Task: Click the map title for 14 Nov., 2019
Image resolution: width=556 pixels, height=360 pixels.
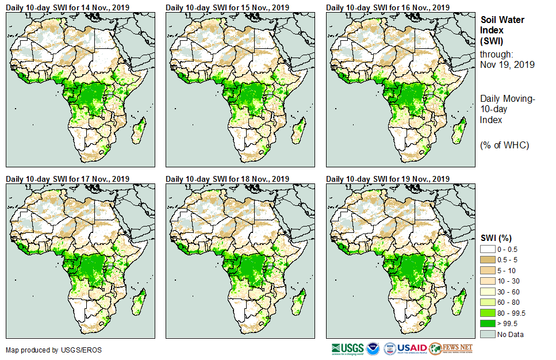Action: coord(67,7)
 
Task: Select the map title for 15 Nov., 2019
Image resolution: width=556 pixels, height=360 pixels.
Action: coord(228,7)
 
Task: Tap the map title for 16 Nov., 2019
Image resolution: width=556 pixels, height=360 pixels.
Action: coord(388,7)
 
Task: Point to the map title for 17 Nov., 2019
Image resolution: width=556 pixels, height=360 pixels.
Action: coord(67,179)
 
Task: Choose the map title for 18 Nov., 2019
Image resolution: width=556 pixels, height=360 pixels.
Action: coord(228,179)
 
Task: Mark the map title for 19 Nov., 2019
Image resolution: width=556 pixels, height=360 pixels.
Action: coord(388,179)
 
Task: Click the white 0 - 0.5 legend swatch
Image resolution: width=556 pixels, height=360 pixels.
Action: coord(488,249)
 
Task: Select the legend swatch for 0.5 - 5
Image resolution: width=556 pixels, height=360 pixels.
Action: coord(488,259)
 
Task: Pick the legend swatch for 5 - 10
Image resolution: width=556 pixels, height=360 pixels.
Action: coord(488,270)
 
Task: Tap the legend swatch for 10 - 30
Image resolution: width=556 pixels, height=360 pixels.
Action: coord(488,281)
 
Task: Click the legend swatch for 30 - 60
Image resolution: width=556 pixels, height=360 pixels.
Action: coord(488,292)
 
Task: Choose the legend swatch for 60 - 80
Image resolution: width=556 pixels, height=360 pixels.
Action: coord(488,302)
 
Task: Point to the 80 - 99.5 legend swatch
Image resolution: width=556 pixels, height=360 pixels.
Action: coord(488,313)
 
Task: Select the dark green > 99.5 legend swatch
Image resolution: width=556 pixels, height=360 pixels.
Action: coord(488,323)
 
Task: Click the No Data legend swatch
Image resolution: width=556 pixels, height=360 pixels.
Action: coord(488,334)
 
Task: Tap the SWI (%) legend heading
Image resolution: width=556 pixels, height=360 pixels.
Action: coord(496,238)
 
